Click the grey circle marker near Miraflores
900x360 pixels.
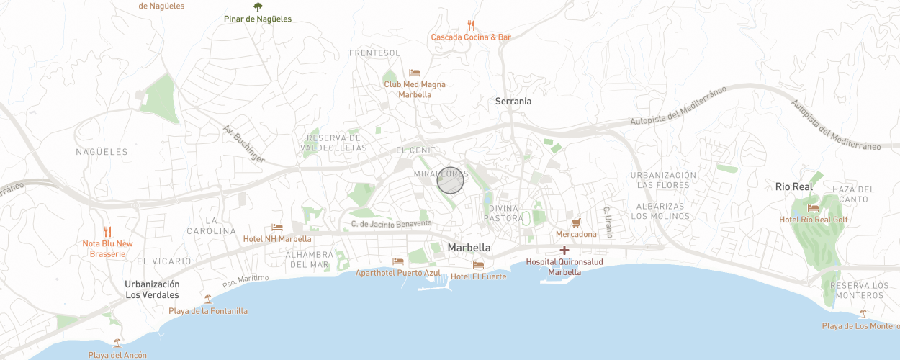(450, 181)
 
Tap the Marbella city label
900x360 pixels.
(469, 248)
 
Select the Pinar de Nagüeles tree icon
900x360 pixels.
(258, 7)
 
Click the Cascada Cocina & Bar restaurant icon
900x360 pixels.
(471, 25)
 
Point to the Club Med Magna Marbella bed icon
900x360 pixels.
(414, 73)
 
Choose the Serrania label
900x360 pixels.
(513, 102)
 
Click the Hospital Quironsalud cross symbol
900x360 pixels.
(564, 250)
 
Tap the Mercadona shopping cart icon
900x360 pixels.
(575, 222)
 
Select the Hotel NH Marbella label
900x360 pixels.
(277, 239)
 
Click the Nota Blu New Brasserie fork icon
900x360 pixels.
(107, 232)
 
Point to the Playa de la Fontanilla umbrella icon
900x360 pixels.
(208, 299)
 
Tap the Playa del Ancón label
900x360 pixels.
(117, 355)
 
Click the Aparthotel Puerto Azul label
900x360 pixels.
(397, 274)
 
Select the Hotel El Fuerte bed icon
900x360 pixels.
(479, 265)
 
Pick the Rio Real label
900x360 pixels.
(793, 186)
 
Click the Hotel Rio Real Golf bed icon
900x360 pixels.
(813, 208)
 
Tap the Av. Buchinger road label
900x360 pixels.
(244, 144)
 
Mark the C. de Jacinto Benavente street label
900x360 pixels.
(391, 224)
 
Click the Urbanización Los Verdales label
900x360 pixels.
(152, 289)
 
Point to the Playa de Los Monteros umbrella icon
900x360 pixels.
(863, 314)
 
